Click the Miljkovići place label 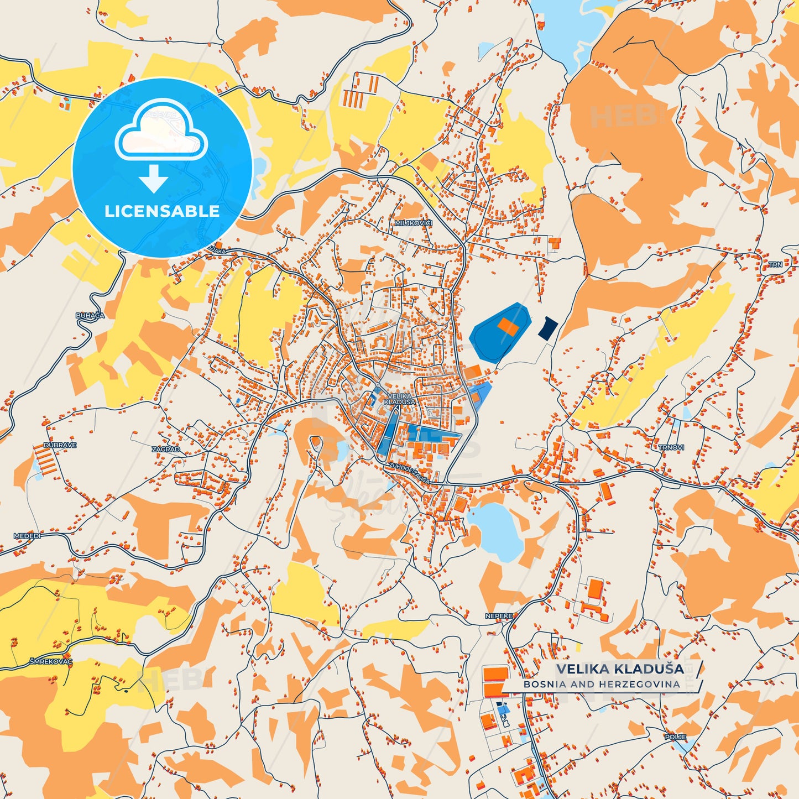(x=413, y=223)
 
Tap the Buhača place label (x=90, y=315)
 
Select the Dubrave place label (x=60, y=445)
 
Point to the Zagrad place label (x=166, y=450)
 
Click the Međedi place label (x=27, y=536)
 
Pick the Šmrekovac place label (x=51, y=661)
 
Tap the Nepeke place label (x=499, y=616)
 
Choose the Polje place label (x=675, y=737)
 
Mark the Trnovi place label (x=671, y=447)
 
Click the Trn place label (x=775, y=264)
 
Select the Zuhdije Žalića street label (x=409, y=473)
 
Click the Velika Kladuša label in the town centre (x=401, y=399)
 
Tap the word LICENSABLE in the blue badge (x=162, y=211)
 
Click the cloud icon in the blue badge (x=161, y=130)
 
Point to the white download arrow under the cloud (x=154, y=178)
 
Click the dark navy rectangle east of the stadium (x=548, y=328)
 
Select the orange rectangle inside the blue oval (x=508, y=326)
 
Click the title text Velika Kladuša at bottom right (x=620, y=669)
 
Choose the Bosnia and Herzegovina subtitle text (x=602, y=685)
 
